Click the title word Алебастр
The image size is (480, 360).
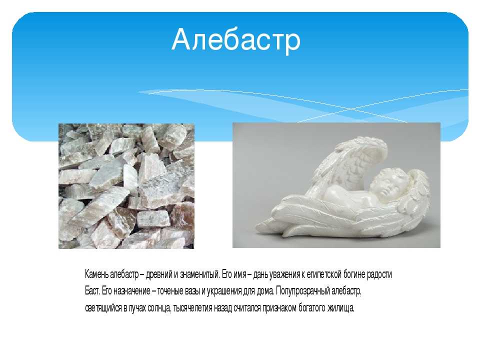click(236, 40)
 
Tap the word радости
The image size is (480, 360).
click(379, 274)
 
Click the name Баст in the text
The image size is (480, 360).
click(92, 291)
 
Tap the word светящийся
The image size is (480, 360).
click(103, 308)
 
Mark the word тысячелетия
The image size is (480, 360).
click(192, 307)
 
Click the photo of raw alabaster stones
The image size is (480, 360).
click(126, 186)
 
